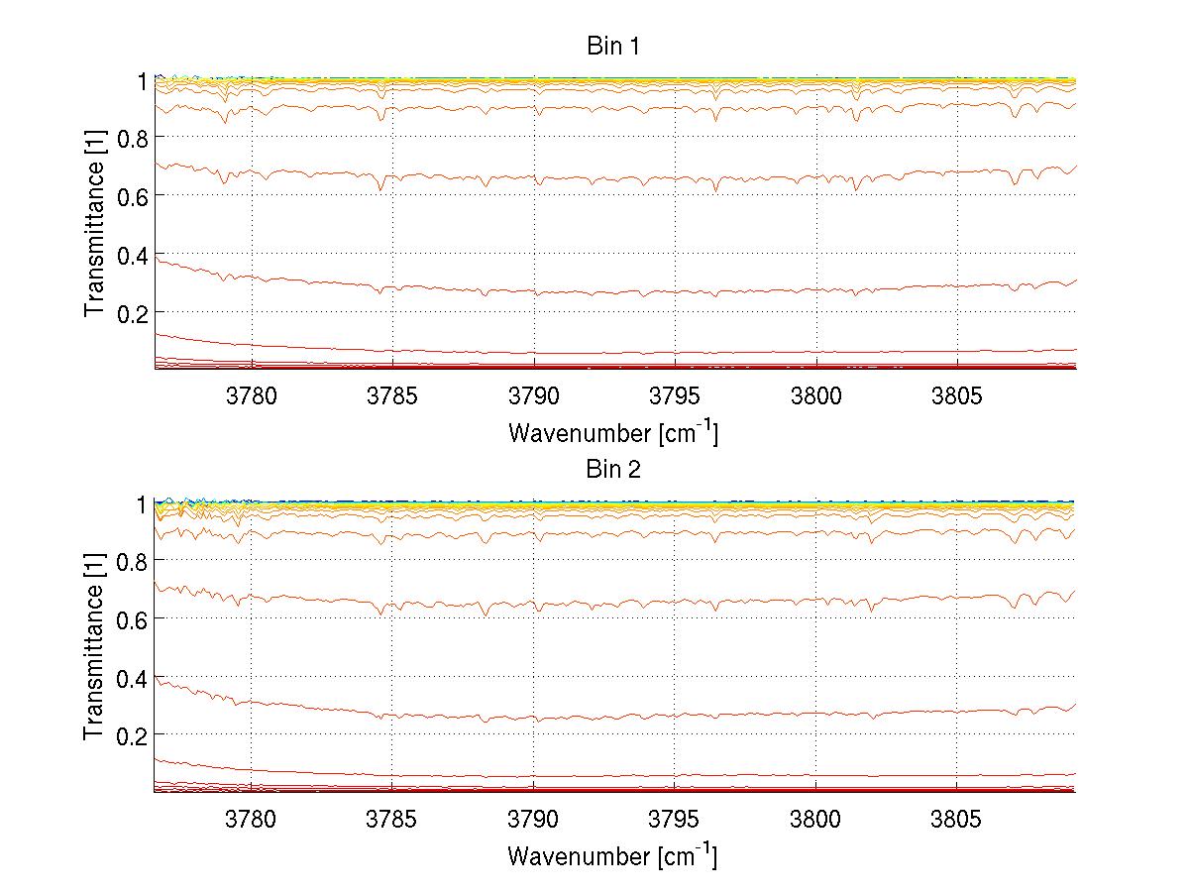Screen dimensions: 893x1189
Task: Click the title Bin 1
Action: click(x=613, y=47)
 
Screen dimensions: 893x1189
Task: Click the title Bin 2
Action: click(x=613, y=469)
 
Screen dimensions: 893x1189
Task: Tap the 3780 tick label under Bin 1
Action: click(x=252, y=395)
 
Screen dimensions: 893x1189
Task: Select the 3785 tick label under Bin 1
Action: click(x=392, y=395)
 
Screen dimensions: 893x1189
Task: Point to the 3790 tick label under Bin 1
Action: click(x=534, y=395)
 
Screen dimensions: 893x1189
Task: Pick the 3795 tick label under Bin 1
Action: click(x=675, y=395)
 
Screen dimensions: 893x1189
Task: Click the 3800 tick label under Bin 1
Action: click(x=815, y=395)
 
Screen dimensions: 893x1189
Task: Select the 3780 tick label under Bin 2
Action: click(x=252, y=819)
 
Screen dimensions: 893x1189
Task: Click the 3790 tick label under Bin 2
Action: click(x=534, y=819)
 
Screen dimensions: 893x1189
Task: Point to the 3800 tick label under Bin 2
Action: click(x=815, y=819)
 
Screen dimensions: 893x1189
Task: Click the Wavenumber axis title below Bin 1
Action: click(x=613, y=433)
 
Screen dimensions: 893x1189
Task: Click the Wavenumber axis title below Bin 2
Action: click(x=613, y=855)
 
